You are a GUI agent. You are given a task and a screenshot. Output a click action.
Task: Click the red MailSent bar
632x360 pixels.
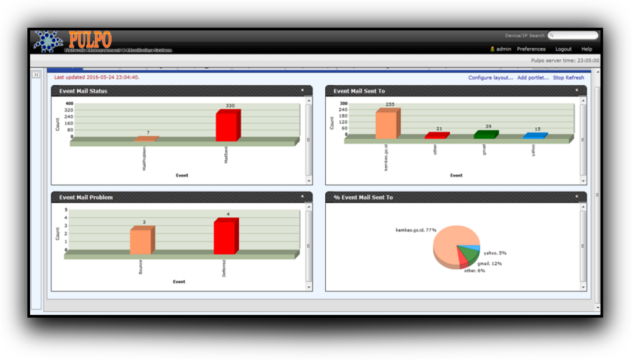pyautogui.click(x=227, y=126)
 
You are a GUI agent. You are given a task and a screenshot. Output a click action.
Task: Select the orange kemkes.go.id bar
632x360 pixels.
pyautogui.click(x=386, y=125)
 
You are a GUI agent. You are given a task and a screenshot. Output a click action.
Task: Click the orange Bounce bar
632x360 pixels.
pyautogui.click(x=141, y=241)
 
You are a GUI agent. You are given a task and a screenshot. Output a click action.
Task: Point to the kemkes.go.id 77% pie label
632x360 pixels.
pyautogui.click(x=416, y=230)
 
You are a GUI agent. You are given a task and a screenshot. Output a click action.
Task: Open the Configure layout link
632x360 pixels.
pyautogui.click(x=491, y=77)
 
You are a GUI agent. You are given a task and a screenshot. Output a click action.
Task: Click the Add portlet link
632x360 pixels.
pyautogui.click(x=533, y=77)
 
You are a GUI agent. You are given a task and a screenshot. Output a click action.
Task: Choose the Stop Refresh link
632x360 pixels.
pyautogui.click(x=568, y=77)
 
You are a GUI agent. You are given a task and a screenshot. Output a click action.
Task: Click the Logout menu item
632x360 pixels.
pyautogui.click(x=563, y=49)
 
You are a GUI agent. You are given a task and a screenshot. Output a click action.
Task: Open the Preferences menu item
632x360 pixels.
pyautogui.click(x=531, y=49)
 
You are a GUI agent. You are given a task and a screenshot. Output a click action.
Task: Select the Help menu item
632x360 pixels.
pyautogui.click(x=587, y=49)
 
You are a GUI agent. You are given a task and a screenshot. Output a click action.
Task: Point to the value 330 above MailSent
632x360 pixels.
pyautogui.click(x=229, y=106)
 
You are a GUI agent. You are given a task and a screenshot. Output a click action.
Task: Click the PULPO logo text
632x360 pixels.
pyautogui.click(x=89, y=39)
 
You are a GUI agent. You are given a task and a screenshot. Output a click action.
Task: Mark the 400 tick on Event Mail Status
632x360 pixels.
pyautogui.click(x=69, y=103)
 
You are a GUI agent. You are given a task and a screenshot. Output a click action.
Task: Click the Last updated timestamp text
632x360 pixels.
pyautogui.click(x=96, y=77)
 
